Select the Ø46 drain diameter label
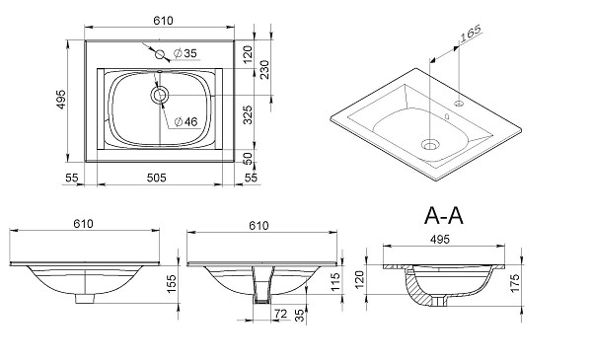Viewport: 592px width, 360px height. click(x=185, y=122)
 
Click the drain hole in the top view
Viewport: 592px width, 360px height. click(x=160, y=95)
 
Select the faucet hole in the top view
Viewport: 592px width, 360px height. click(x=158, y=53)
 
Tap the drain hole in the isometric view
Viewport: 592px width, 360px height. click(x=428, y=144)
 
